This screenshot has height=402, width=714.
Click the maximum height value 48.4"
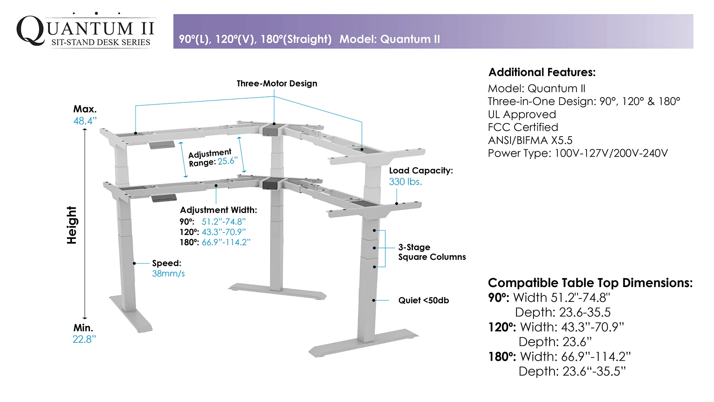85,121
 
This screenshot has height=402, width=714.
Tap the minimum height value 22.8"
84,339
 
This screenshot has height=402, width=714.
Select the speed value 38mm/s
168,274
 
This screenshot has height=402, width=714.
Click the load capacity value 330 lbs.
405,182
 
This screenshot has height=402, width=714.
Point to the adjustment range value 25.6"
228,161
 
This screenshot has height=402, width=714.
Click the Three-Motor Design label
277,83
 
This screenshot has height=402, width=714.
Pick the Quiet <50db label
424,300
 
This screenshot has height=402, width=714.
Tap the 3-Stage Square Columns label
432,252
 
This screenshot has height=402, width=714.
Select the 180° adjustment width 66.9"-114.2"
226,242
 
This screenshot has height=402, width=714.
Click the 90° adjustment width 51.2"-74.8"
223,222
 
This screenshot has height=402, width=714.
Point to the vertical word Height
71,225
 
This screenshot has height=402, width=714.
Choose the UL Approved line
522,114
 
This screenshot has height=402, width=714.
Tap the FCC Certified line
523,127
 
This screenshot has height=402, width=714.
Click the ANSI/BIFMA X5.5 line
530,140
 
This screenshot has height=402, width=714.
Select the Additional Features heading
542,72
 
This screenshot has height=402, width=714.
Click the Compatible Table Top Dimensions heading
590,283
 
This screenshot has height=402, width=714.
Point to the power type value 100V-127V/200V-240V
611,153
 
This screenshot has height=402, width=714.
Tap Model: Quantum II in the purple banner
389,39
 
